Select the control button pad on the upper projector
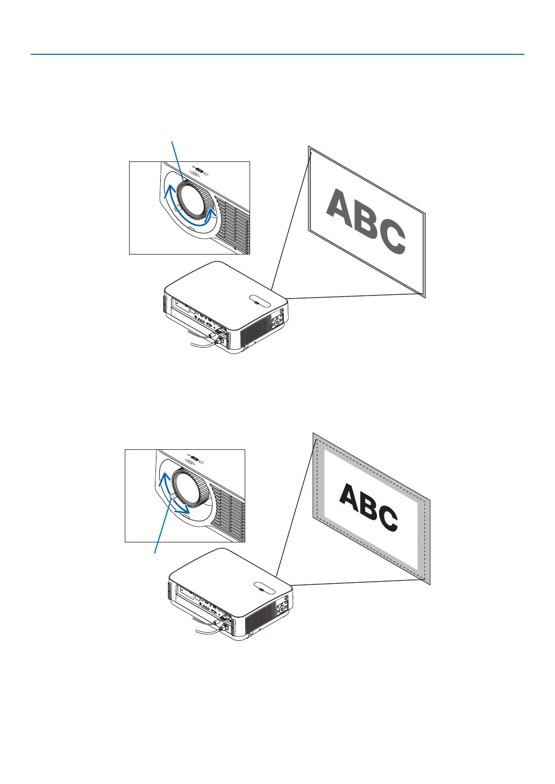click(277, 322)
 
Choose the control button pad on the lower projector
click(282, 608)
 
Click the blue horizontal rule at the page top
click(277, 54)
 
